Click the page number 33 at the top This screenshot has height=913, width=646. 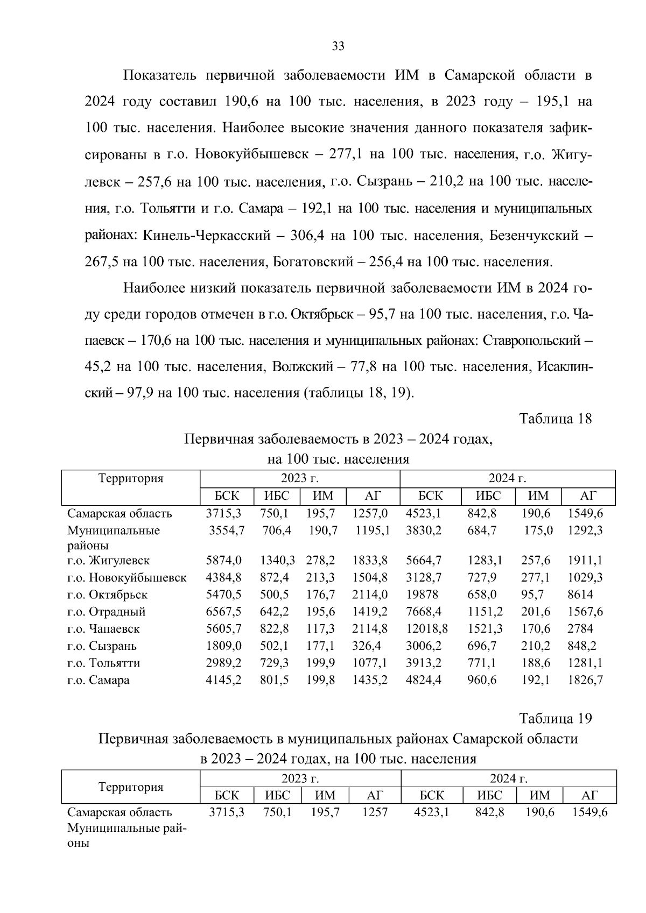[x=338, y=46]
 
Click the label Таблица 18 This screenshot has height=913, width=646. [x=555, y=419]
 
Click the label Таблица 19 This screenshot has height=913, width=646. [x=555, y=718]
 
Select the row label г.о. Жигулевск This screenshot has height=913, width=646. [x=108, y=561]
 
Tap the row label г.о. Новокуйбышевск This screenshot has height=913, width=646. [x=127, y=578]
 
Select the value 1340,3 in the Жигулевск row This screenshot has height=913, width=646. [x=277, y=561]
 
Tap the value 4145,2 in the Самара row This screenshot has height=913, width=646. [x=223, y=680]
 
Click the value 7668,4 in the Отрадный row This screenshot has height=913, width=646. [x=424, y=612]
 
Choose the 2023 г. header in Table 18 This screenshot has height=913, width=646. [x=299, y=478]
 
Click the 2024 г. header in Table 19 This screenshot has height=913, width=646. [x=508, y=778]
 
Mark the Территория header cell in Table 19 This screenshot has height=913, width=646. [x=131, y=787]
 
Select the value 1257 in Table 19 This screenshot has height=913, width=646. [x=375, y=812]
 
